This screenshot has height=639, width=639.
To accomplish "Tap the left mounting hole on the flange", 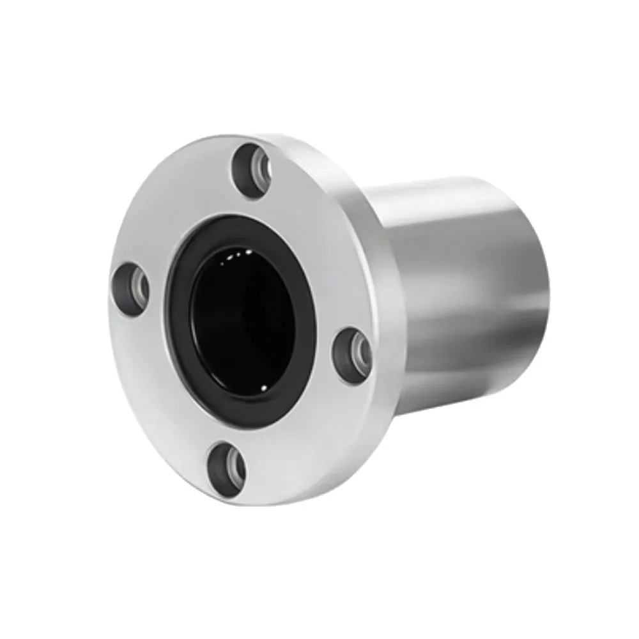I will coord(132,289).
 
